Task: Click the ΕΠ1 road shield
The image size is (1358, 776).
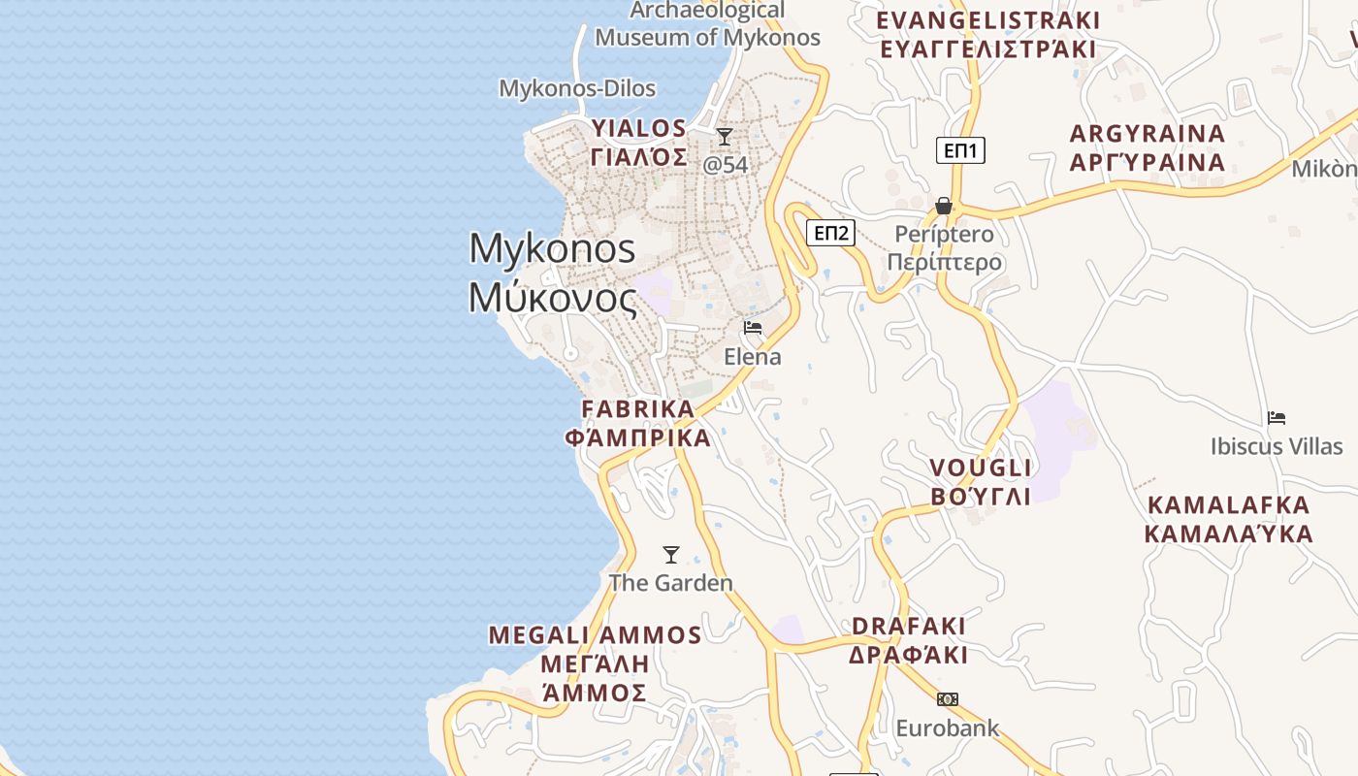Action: pos(960,150)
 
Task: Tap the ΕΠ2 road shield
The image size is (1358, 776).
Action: pos(831,233)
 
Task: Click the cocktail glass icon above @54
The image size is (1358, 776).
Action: pos(725,137)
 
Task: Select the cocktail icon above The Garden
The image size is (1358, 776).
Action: pos(670,555)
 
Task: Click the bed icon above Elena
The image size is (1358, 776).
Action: pos(753,328)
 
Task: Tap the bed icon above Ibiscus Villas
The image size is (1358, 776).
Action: pos(1277,418)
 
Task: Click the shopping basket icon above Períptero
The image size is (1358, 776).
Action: pos(943,206)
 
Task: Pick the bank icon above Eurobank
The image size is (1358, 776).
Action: pos(948,699)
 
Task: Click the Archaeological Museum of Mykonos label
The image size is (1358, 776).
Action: pos(707,24)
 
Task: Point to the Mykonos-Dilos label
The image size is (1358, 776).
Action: pos(577,88)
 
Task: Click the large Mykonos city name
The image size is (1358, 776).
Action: pos(553,273)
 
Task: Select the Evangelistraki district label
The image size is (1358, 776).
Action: pos(987,35)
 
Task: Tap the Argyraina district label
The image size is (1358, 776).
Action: pos(1148,147)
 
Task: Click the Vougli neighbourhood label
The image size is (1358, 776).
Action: pos(981,482)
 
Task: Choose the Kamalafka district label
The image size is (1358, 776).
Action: pos(1228,519)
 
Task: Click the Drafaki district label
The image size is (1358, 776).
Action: pos(909,640)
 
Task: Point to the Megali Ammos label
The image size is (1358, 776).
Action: pos(595,663)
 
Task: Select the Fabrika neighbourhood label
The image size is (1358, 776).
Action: pos(638,423)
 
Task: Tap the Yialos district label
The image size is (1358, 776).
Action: pos(639,143)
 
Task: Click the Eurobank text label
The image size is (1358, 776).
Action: pos(948,727)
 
